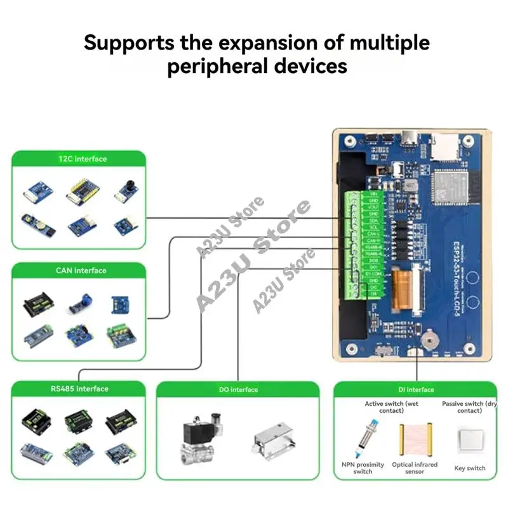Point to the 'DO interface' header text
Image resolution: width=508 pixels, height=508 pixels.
coord(237,389)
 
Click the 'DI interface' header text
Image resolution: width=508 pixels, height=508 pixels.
coord(416,389)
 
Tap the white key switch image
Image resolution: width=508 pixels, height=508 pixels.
coord(470,440)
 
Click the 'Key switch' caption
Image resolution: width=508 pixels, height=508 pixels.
coord(470,469)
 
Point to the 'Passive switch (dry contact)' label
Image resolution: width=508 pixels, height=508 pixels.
coord(469,407)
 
